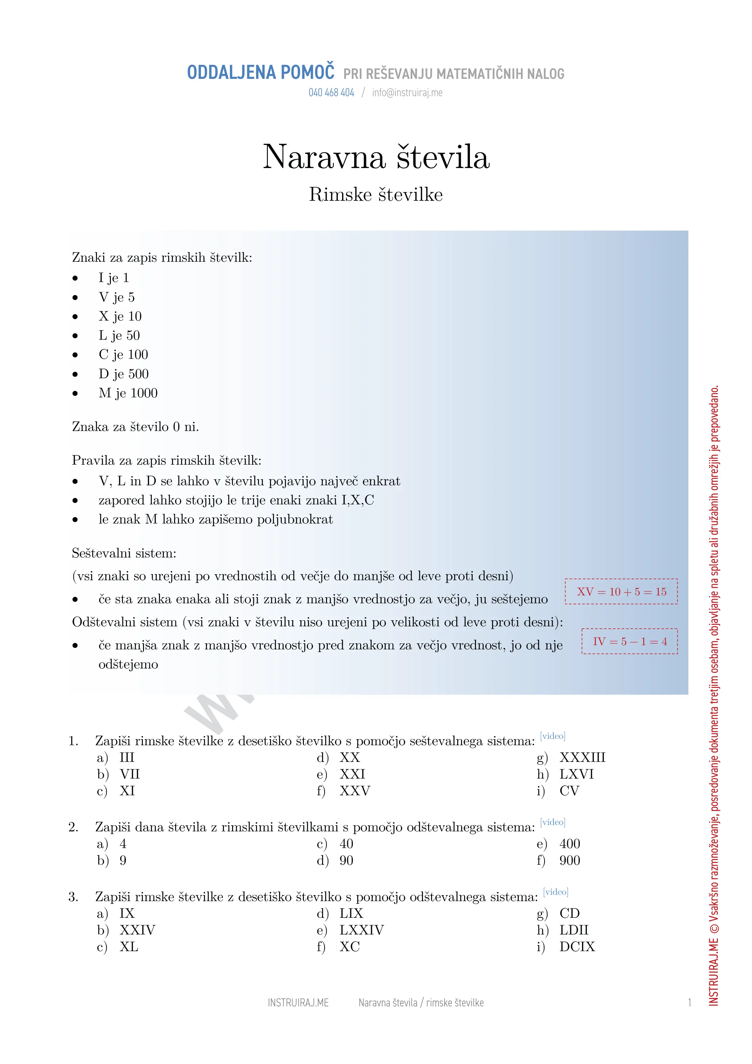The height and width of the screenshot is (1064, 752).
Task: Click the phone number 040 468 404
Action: pyautogui.click(x=331, y=93)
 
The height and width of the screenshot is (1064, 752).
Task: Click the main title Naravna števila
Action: pyautogui.click(x=376, y=157)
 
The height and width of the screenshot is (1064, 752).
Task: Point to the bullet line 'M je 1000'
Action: pyautogui.click(x=128, y=393)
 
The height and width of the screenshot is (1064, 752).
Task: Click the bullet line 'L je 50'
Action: pyautogui.click(x=119, y=335)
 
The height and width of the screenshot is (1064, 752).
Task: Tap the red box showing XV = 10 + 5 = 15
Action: pyautogui.click(x=621, y=592)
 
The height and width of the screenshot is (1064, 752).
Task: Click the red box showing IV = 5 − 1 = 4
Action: pyautogui.click(x=630, y=641)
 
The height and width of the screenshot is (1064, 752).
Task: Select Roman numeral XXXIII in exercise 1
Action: pyautogui.click(x=582, y=758)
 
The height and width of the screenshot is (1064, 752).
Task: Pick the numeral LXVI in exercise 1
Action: pyautogui.click(x=577, y=774)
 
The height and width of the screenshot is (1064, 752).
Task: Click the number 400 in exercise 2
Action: pyautogui.click(x=570, y=844)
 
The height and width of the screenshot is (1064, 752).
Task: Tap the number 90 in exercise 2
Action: pyautogui.click(x=346, y=860)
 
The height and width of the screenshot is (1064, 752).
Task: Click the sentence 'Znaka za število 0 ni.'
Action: pyautogui.click(x=135, y=427)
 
